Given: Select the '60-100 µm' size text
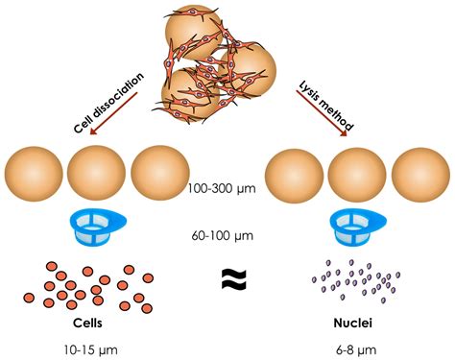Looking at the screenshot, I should click(227, 233).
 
